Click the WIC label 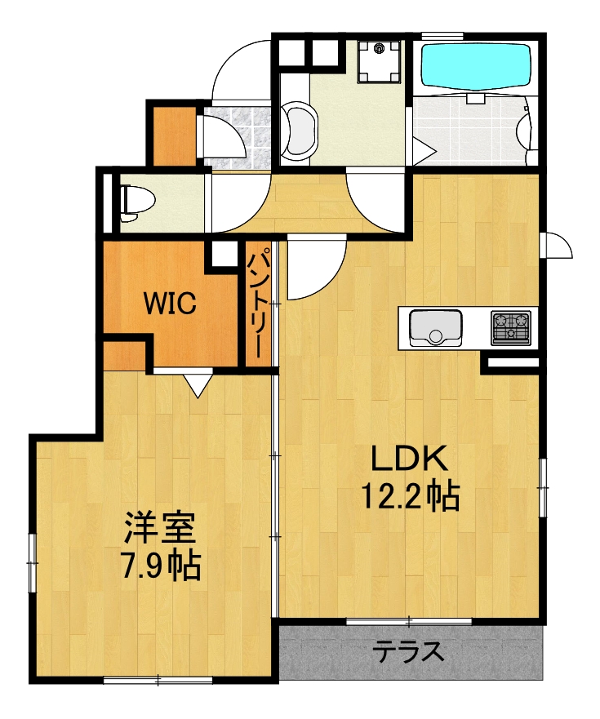click(171, 304)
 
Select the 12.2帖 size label click(410, 495)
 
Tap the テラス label click(410, 651)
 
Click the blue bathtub click(474, 67)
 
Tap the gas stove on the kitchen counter click(510, 328)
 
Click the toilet click(131, 201)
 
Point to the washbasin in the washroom click(300, 131)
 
